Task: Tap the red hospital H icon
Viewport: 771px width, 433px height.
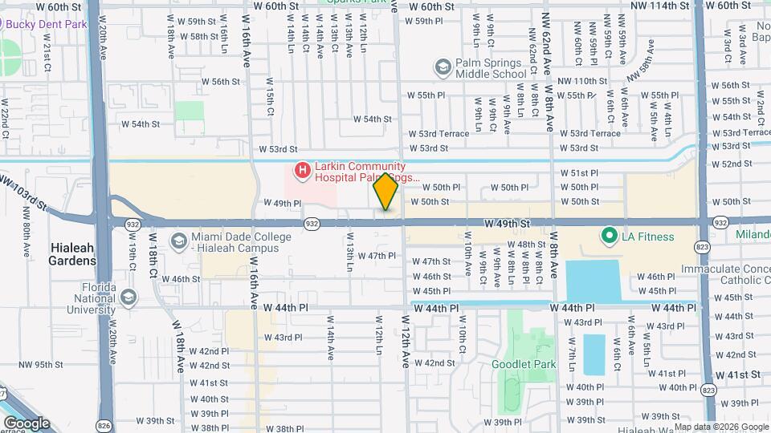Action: point(302,170)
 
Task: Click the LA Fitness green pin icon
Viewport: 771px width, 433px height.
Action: point(609,236)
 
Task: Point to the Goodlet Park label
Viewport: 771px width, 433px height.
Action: point(524,364)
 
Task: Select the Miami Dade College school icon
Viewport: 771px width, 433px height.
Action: point(177,241)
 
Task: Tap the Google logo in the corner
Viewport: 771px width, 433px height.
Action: point(27,423)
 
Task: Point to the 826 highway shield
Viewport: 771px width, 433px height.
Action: point(104,424)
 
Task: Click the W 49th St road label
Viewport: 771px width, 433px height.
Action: point(508,222)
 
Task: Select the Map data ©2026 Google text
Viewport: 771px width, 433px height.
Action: point(721,427)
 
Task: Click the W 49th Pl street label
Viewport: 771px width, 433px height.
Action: point(281,204)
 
